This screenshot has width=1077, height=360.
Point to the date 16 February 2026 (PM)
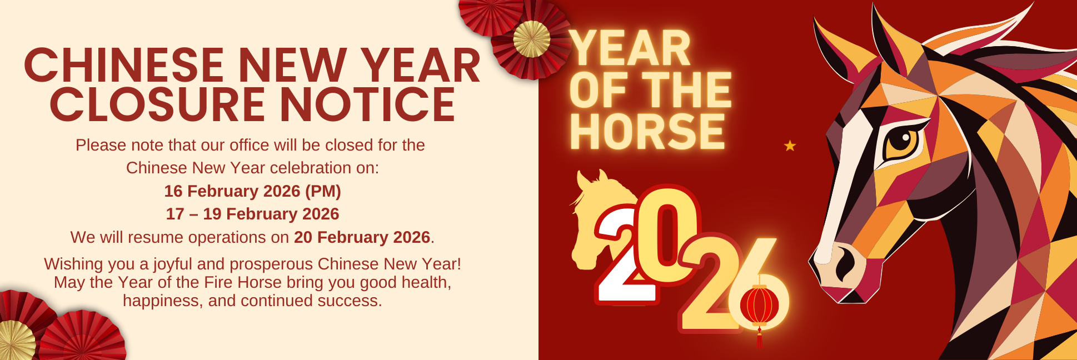click(252, 191)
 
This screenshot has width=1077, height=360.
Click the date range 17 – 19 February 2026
click(252, 214)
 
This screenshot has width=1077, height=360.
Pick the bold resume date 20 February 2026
click(362, 237)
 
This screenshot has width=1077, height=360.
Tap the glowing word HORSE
click(647, 132)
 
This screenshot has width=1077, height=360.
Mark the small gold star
click(790, 146)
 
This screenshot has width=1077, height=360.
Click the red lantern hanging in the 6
click(759, 306)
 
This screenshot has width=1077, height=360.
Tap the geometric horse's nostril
click(845, 262)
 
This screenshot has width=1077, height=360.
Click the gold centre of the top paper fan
click(531, 39)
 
